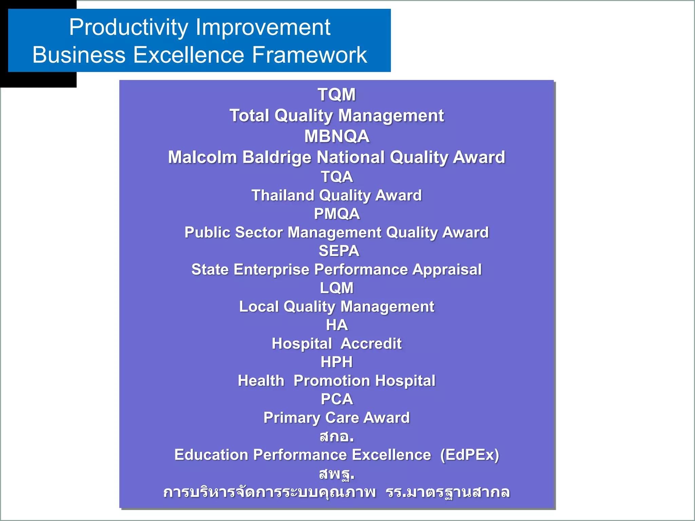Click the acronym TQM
point(336,95)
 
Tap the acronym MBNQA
point(336,136)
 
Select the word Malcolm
point(202,157)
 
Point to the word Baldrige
point(277,157)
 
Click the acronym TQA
point(337,177)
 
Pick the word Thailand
point(283,195)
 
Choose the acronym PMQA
point(337,214)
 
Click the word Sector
point(259,233)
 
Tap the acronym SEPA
point(339,251)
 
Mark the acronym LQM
point(337,288)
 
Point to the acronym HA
point(337,325)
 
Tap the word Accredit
point(371,344)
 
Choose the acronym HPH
point(337,362)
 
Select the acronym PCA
point(337,399)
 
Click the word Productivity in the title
point(128,27)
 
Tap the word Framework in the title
point(309,55)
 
